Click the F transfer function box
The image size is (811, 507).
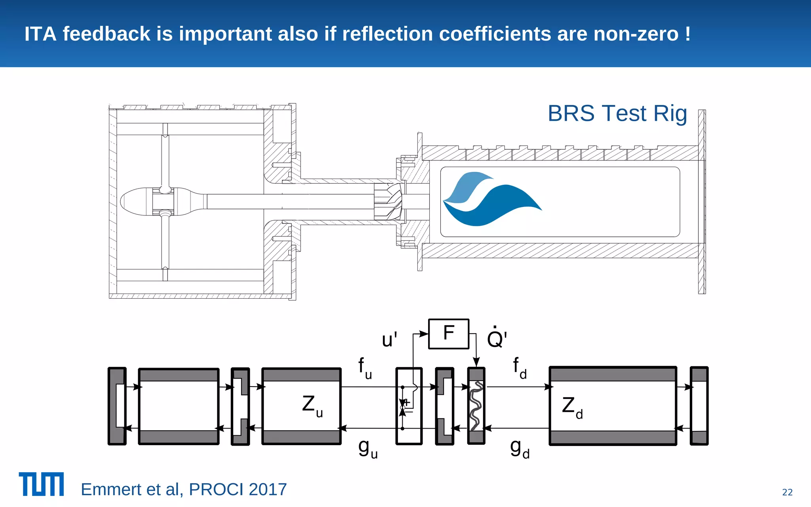pos(449,334)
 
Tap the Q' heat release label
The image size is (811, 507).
pos(497,338)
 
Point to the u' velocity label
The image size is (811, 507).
pos(389,340)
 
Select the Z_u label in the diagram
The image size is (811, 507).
pos(312,406)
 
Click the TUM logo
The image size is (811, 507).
pos(41,484)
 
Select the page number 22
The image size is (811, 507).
pos(787,492)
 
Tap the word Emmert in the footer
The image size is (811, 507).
pos(111,490)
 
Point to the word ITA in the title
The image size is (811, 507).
pos(40,34)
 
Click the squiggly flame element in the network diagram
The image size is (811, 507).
pos(476,406)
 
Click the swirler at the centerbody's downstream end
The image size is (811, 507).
pos(388,202)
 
